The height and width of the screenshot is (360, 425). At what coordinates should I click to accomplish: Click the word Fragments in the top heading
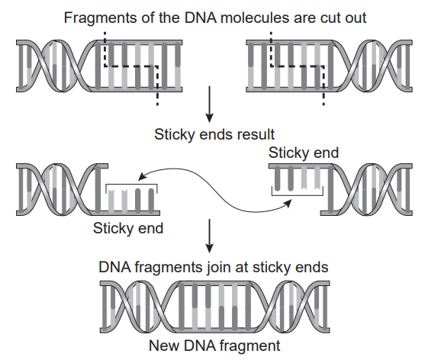(x=101, y=18)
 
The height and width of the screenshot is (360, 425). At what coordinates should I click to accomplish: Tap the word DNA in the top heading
(x=201, y=18)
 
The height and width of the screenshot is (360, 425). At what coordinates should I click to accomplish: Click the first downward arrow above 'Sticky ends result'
(x=209, y=104)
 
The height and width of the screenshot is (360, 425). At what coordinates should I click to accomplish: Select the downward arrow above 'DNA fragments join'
(x=209, y=236)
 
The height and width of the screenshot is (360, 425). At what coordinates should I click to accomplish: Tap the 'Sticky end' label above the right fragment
(x=304, y=153)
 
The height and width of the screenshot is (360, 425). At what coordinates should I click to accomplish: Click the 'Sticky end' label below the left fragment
(x=128, y=228)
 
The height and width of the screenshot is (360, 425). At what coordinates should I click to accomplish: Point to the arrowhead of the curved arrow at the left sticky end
(x=141, y=177)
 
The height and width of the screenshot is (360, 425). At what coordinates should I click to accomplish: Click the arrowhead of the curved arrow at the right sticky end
(x=288, y=203)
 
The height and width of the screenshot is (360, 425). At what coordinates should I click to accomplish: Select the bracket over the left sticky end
(x=131, y=185)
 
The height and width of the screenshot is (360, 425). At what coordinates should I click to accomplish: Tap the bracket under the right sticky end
(x=298, y=195)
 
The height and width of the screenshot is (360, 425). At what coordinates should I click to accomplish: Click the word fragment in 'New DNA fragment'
(x=250, y=346)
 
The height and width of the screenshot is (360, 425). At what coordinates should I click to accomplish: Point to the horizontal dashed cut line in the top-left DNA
(x=131, y=66)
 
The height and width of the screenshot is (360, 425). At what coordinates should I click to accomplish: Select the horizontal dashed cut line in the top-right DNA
(x=297, y=66)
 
